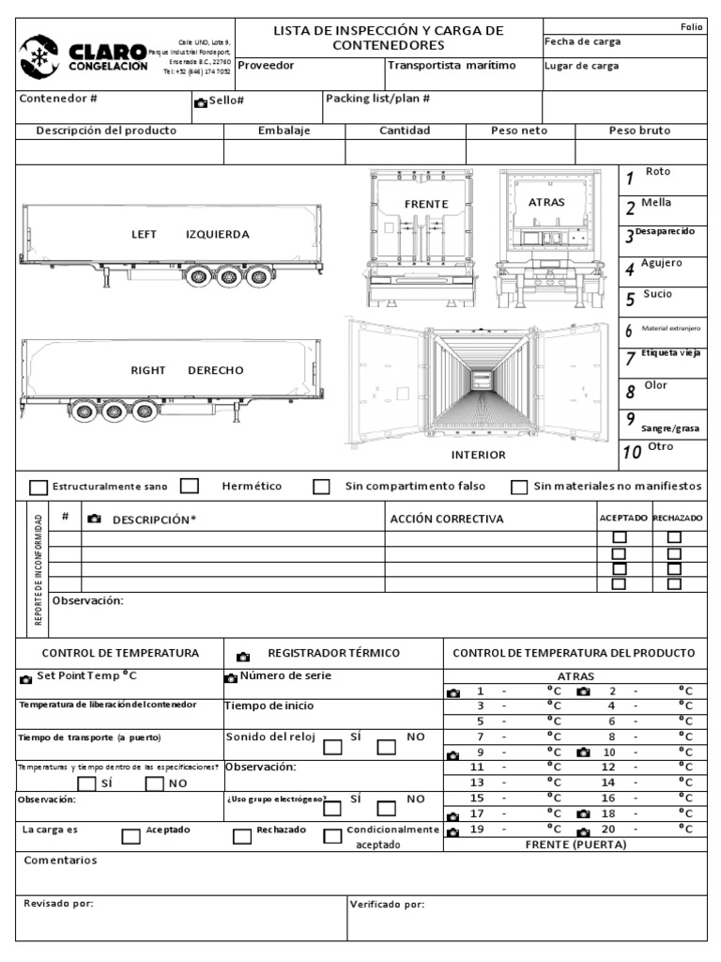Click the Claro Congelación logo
coord(84,55)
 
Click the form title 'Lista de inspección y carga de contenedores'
coord(389,38)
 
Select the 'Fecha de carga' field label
coord(582,41)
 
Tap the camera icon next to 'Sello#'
coord(200,101)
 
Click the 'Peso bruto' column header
coord(640,131)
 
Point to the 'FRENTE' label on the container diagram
coord(426,204)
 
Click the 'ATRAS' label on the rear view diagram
coord(546,202)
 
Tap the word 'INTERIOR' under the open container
coord(478,455)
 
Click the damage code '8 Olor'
coord(649,389)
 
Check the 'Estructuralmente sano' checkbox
coord(38,488)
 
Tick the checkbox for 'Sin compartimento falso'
coord(322,487)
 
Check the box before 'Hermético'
coord(190,486)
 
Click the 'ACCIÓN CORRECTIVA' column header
coord(446,519)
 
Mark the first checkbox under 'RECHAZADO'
coord(674,537)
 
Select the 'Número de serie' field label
coord(284,675)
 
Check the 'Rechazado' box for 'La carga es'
coord(241,837)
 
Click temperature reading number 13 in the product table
coord(477,782)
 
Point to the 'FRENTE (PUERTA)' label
coord(575,844)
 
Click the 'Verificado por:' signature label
coord(387,905)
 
